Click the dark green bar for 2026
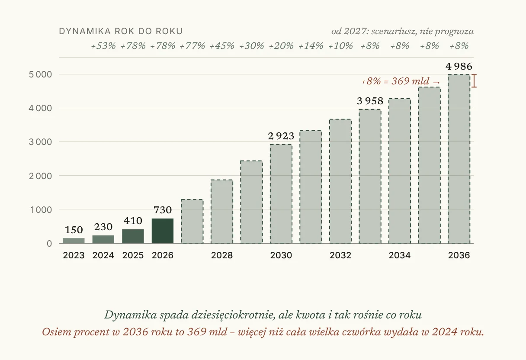(163, 231)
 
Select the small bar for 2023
(74, 241)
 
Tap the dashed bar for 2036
(459, 159)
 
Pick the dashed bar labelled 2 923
(281, 194)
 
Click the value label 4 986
(459, 67)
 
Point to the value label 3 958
(370, 101)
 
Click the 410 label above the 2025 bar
(133, 221)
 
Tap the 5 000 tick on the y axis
(40, 74)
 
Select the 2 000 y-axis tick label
(40, 176)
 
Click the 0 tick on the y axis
(49, 244)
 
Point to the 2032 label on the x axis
(340, 255)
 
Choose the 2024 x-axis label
(103, 255)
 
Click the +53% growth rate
(103, 46)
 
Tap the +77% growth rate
(192, 46)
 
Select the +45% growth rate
(222, 46)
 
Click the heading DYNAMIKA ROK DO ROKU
(121, 31)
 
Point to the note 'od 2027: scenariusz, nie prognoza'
(402, 31)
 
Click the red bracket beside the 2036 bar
(474, 81)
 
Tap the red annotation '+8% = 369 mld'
(395, 81)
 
